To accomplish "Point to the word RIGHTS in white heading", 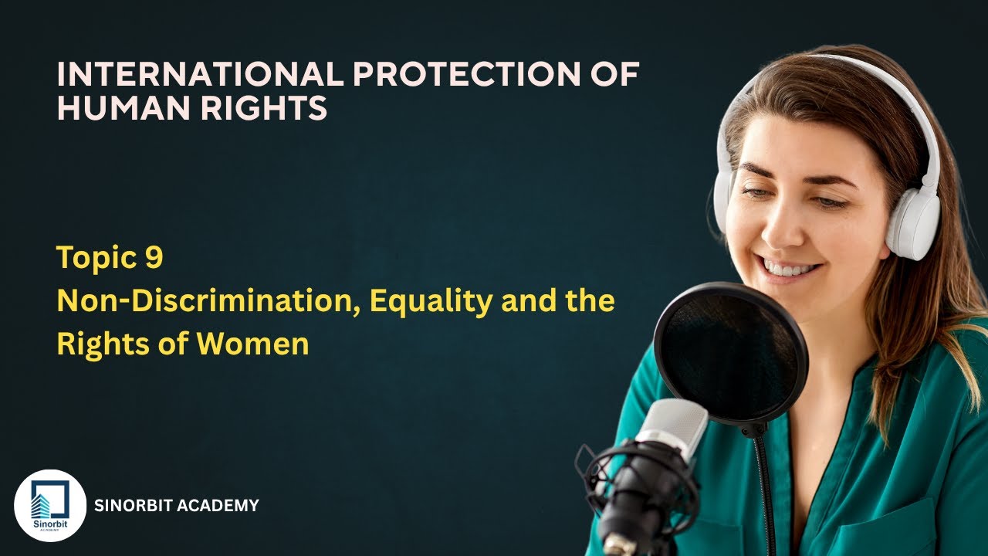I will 263,108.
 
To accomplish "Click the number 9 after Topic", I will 153,258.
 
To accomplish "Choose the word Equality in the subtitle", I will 430,300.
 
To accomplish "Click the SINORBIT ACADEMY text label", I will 176,507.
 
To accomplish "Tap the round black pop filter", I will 730,352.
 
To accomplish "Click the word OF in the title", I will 617,74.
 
